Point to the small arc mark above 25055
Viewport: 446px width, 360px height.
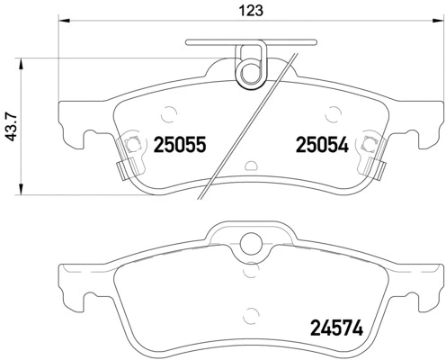tap(168, 112)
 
